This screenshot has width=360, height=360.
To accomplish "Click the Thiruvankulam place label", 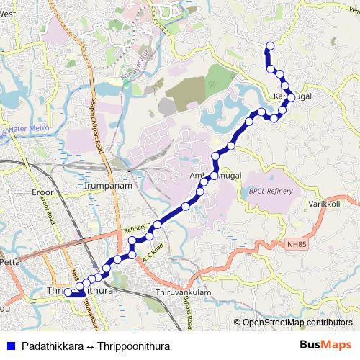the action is point(182,293).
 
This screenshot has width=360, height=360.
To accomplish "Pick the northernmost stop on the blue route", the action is point(270,47).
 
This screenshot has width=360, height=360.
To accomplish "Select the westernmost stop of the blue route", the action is point(68,292).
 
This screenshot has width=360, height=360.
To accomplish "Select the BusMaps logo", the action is point(325,346).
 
